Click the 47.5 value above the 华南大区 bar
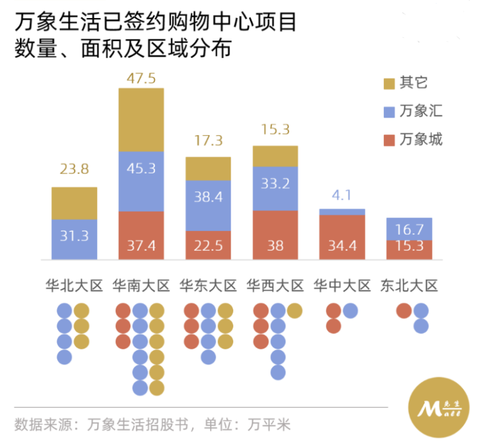click(141, 78)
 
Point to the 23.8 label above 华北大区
click(75, 170)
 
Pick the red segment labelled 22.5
click(208, 245)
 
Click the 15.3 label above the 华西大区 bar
click(275, 129)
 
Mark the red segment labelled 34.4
click(342, 237)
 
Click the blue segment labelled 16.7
click(409, 228)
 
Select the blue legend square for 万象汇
click(388, 112)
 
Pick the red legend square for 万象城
click(388, 140)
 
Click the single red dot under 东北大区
click(404, 311)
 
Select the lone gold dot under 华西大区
click(294, 311)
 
